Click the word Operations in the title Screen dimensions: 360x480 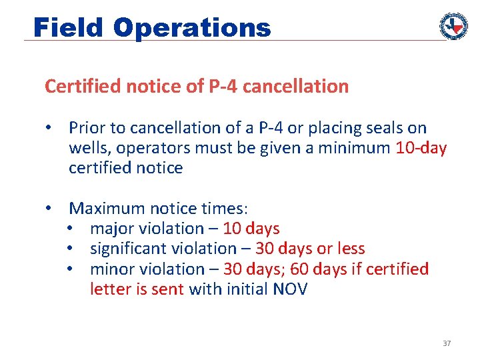coord(192,27)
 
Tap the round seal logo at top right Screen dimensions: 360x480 coord(453,26)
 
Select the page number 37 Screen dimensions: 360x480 coord(447,343)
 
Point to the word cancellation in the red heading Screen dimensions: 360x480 coord(299,87)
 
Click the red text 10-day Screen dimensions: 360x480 coord(421,147)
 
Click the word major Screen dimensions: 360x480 coord(111,229)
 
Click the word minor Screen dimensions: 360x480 coord(111,269)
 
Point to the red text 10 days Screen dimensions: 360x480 coord(251,229)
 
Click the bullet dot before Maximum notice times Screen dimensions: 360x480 coord(49,208)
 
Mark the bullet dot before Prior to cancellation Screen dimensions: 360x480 coord(49,127)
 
